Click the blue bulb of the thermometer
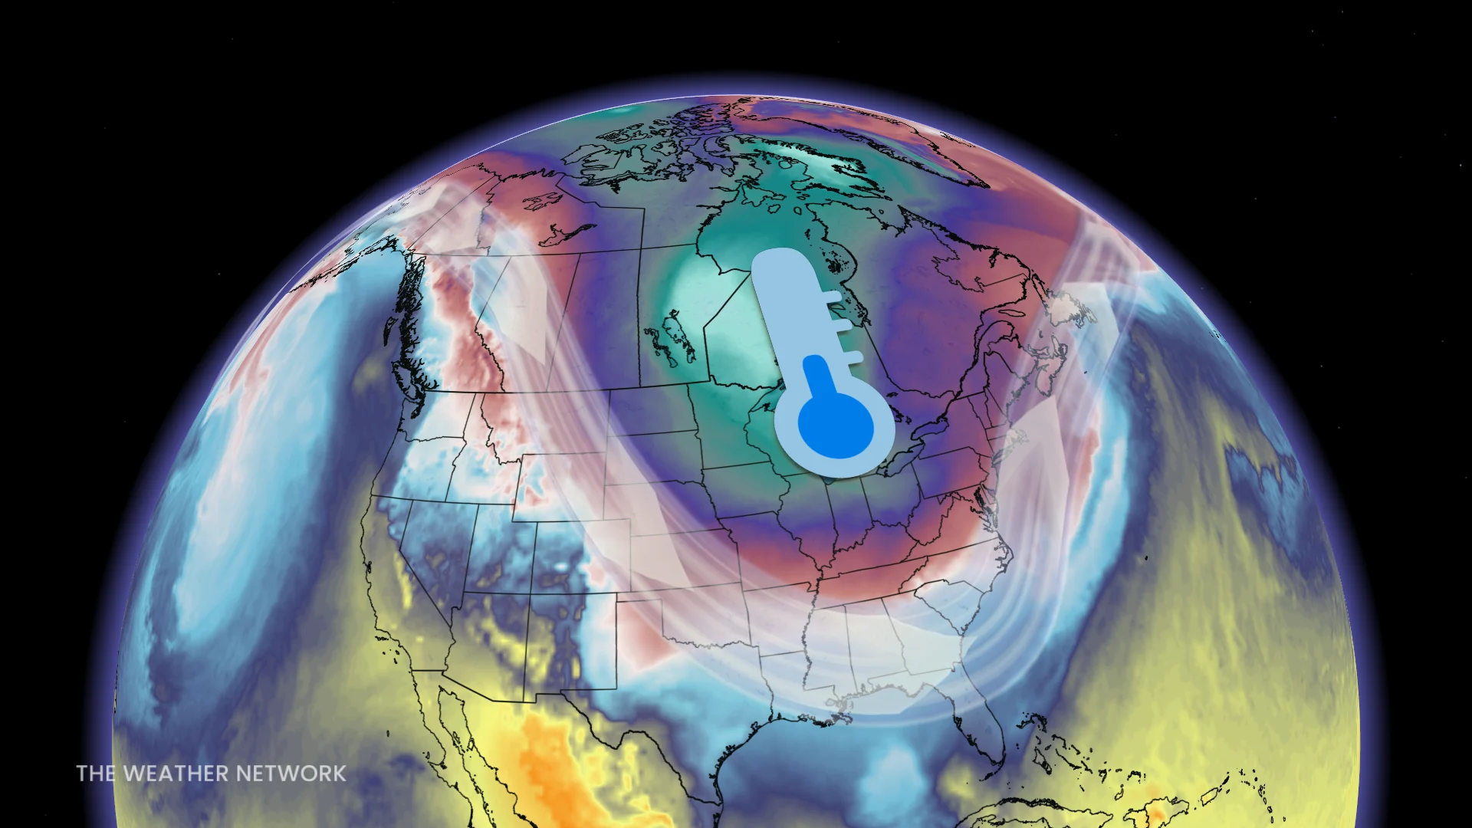(836, 426)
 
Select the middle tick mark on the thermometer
(842, 326)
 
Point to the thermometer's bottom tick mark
(851, 356)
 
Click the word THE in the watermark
(96, 774)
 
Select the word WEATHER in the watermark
(176, 774)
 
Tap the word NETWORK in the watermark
(291, 774)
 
